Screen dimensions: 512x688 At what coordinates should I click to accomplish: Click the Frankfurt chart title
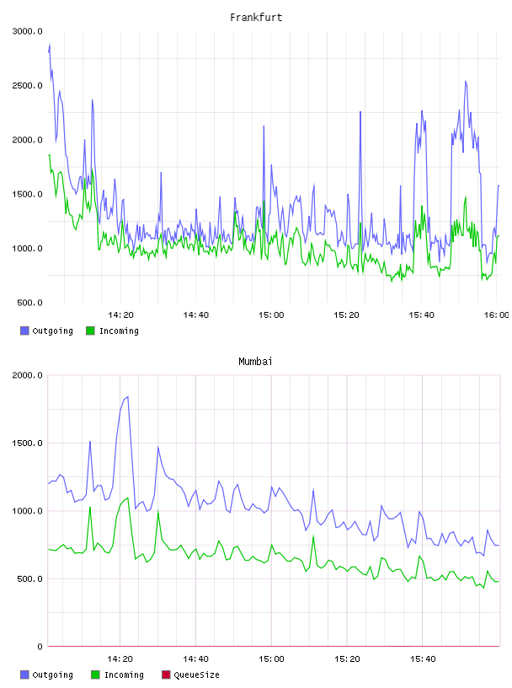tap(256, 18)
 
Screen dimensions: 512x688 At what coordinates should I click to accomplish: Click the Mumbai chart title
tap(255, 362)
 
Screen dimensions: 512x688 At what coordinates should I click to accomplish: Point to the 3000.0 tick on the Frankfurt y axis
tap(27, 31)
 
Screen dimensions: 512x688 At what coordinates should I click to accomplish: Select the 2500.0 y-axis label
tap(27, 85)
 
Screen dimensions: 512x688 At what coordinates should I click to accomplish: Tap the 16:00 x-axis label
tap(497, 315)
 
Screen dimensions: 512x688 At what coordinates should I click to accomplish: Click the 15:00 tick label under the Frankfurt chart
tap(271, 315)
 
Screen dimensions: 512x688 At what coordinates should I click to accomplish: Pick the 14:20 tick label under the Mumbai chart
tap(120, 659)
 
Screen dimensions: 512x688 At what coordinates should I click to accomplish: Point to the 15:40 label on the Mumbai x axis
tap(423, 659)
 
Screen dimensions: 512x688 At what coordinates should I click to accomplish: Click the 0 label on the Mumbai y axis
tap(40, 647)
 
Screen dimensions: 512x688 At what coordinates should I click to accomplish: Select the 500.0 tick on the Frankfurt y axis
tap(29, 303)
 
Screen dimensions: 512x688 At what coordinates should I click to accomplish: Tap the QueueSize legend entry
tap(196, 675)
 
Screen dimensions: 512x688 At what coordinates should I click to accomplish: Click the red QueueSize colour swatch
tap(166, 675)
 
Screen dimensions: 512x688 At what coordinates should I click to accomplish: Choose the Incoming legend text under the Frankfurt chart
tap(119, 331)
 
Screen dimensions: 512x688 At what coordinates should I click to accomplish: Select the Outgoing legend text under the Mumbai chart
tap(52, 675)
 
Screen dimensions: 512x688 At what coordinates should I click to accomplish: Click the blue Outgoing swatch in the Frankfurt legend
tap(24, 331)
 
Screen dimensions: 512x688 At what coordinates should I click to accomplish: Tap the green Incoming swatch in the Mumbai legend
tap(95, 675)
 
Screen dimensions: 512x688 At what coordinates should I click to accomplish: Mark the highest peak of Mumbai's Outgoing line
tap(127, 396)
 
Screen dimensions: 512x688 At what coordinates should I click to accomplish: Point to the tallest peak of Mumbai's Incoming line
tap(127, 497)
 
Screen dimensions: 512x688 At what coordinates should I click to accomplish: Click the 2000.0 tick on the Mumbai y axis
tap(27, 375)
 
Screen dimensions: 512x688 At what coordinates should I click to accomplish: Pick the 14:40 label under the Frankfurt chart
tap(196, 315)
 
